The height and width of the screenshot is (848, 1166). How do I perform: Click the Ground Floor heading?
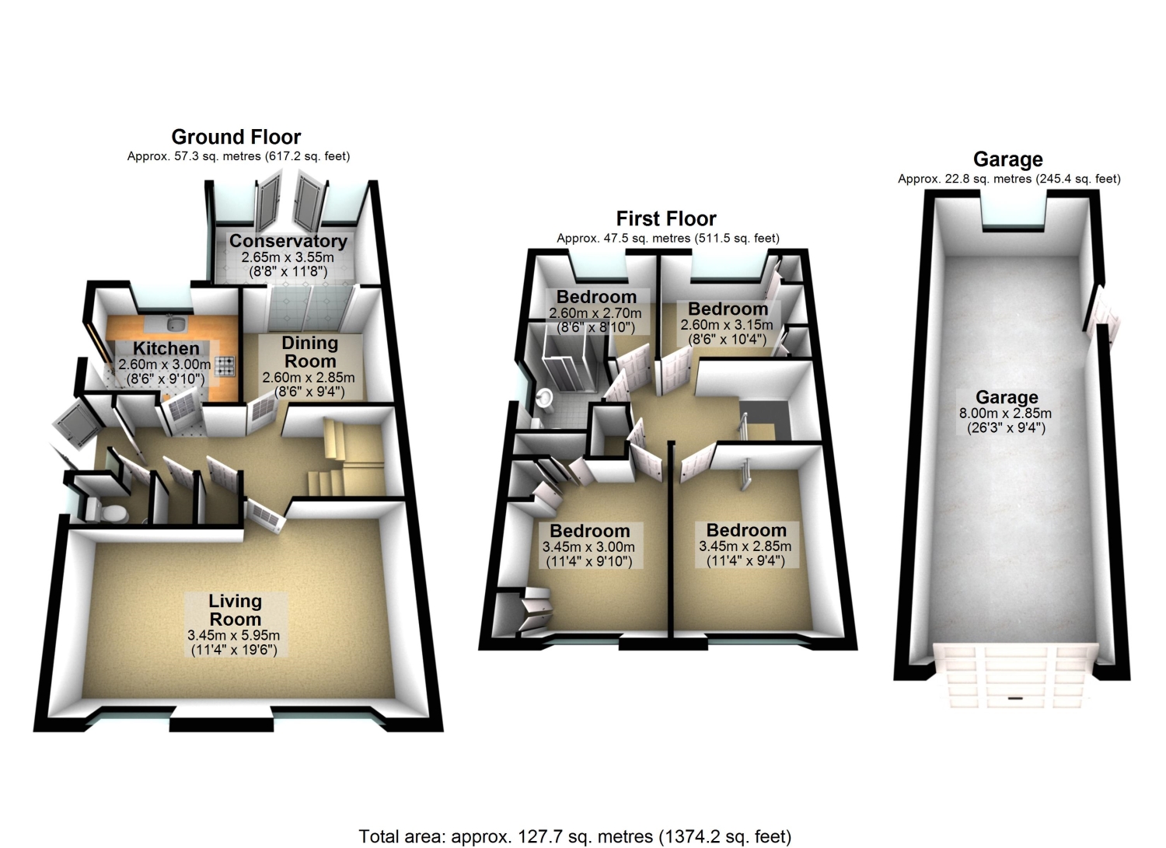pos(236,137)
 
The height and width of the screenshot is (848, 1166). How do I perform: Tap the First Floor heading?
pos(666,218)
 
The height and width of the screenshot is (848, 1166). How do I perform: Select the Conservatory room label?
pos(288,241)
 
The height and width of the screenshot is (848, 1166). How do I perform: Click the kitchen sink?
pos(176,324)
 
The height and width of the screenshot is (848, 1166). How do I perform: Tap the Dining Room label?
pos(309,352)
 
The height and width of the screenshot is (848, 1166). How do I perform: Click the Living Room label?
pos(235,610)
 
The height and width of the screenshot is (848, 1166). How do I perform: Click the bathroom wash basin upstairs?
pos(544,398)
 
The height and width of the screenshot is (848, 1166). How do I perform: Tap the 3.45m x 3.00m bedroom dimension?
pos(588,547)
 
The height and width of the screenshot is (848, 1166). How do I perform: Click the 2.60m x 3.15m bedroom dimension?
pos(727,325)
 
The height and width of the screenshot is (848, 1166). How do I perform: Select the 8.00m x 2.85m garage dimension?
pos(1005,414)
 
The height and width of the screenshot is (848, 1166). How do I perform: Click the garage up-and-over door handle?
pos(1015,698)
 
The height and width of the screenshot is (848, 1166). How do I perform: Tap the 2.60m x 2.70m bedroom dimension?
pos(595,313)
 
